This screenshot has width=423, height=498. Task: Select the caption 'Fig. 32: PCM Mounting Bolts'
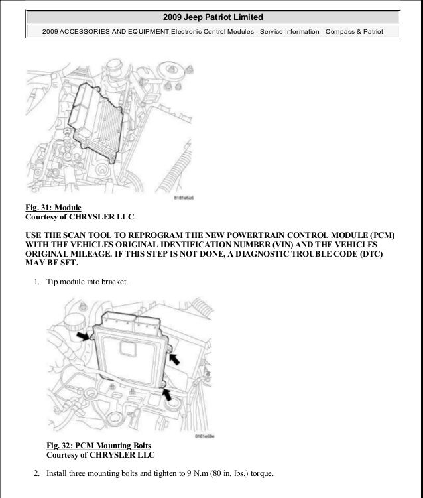coord(99,445)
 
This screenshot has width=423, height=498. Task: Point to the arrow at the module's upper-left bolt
coord(84,337)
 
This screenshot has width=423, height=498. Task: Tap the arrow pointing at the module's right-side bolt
coord(175,359)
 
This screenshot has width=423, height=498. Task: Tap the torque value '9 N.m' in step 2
coord(178,473)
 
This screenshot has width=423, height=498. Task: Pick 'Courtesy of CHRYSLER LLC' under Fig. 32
coord(100,454)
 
